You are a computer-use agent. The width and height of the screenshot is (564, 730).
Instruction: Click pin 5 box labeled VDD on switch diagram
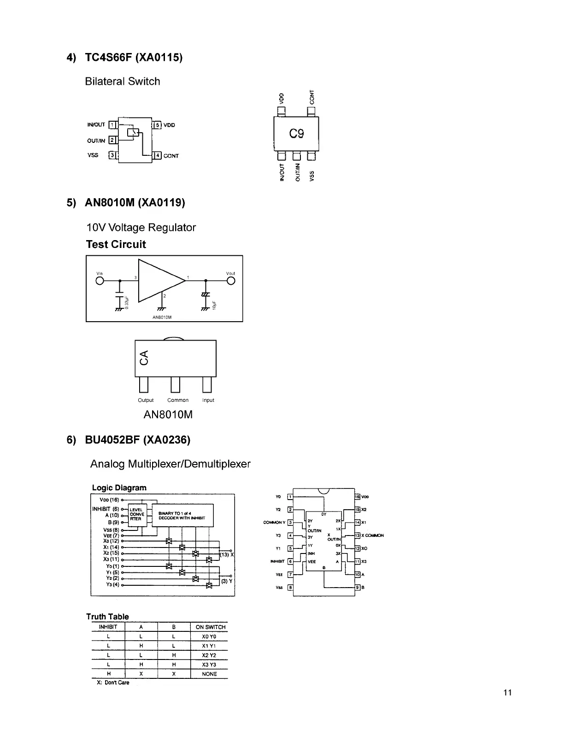[157, 125]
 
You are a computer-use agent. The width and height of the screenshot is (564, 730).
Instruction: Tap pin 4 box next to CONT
[157, 155]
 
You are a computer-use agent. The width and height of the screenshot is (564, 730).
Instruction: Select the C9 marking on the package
[296, 134]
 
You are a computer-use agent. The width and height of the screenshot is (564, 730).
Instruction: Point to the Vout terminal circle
[231, 281]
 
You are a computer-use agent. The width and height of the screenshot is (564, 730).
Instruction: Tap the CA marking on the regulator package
[144, 357]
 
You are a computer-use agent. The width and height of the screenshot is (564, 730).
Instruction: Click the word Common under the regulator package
[178, 400]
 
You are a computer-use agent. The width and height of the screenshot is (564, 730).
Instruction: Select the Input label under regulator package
[208, 400]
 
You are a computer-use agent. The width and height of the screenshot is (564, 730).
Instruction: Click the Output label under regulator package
[146, 400]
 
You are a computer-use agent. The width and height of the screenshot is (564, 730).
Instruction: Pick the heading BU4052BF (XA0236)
[137, 440]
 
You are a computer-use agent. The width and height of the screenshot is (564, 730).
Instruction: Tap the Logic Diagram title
[119, 488]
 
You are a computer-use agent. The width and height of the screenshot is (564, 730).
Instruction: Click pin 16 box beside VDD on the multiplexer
[357, 497]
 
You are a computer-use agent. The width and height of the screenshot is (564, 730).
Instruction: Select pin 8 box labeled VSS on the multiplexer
[290, 587]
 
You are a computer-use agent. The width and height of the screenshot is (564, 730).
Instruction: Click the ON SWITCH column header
[210, 627]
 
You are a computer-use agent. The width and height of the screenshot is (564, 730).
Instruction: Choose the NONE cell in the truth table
[209, 674]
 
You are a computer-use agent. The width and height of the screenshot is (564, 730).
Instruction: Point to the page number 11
[508, 693]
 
